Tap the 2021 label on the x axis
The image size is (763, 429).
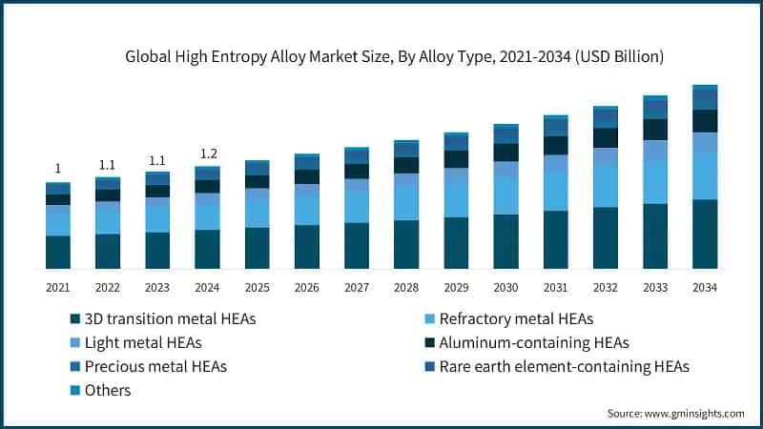[57, 287]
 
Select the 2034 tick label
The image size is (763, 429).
[705, 287]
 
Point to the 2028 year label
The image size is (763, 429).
[406, 287]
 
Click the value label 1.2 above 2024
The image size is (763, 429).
[207, 154]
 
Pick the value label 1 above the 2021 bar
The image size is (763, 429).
[57, 168]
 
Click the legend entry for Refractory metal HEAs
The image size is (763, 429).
[521, 318]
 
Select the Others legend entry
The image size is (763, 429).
[107, 390]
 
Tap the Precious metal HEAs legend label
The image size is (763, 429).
[155, 366]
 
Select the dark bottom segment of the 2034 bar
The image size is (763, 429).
[705, 234]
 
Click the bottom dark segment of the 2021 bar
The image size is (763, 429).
[57, 252]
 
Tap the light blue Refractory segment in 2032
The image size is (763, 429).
[606, 186]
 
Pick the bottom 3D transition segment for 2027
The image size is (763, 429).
[357, 245]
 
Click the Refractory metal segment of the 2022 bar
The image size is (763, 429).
[108, 217]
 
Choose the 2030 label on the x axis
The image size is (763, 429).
[505, 287]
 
